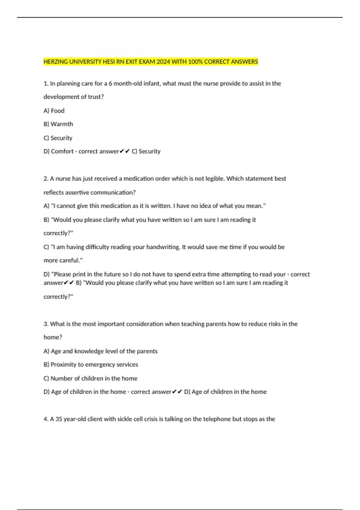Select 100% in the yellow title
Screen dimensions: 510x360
point(195,62)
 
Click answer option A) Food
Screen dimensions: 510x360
point(54,111)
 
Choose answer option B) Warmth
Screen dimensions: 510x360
point(58,124)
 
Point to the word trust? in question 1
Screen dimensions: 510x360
point(96,97)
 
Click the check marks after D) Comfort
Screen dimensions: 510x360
point(124,151)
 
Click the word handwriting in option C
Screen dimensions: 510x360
point(162,247)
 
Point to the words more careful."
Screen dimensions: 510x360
point(63,260)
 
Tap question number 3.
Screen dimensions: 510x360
point(46,324)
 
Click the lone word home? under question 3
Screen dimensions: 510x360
point(53,337)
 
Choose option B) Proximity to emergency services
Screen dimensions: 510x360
point(91,364)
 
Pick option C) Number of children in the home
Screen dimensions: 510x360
point(90,379)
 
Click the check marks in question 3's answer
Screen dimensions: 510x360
point(178,392)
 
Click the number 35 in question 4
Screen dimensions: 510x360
point(59,419)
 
